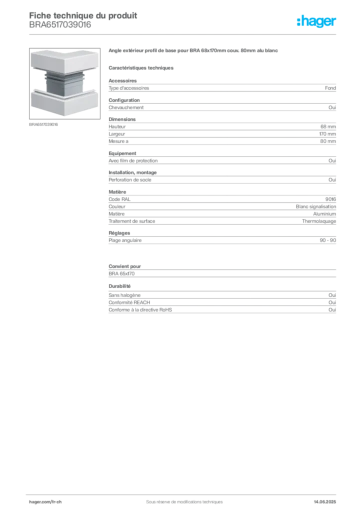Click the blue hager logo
click(317, 21)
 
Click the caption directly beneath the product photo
click(44, 124)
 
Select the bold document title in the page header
click(82, 15)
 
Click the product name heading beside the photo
click(192, 51)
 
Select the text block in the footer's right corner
click(327, 498)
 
